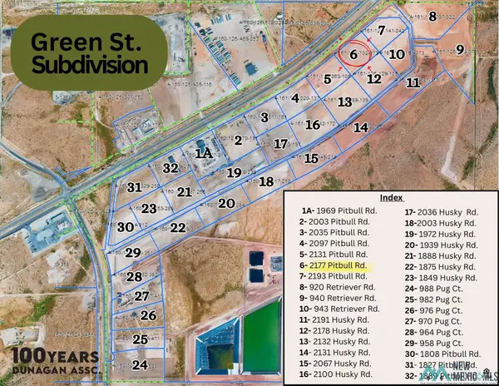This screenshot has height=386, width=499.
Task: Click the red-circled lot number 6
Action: click(x=353, y=55)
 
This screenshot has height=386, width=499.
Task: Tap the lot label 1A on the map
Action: click(x=203, y=153)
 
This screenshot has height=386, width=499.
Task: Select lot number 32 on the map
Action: click(x=171, y=168)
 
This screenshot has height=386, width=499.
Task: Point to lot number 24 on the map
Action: click(x=140, y=364)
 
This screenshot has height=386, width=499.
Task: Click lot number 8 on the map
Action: click(x=432, y=16)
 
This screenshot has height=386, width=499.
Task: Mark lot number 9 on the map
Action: click(x=460, y=49)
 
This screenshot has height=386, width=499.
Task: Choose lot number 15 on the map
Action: click(x=311, y=157)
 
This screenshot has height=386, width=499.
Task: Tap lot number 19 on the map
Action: click(x=235, y=172)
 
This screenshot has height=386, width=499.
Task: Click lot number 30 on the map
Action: click(x=125, y=226)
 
